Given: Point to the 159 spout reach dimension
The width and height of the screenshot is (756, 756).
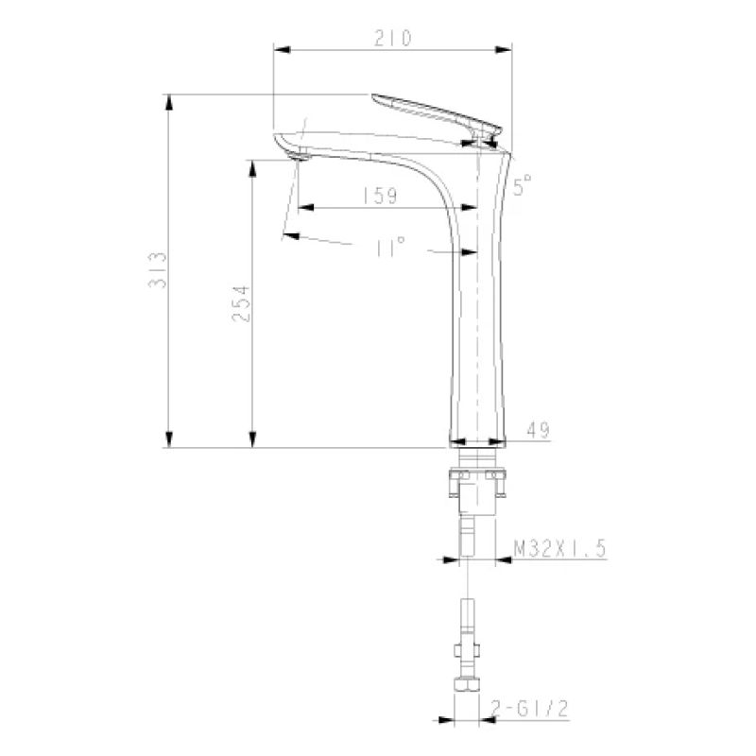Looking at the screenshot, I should tap(378, 196).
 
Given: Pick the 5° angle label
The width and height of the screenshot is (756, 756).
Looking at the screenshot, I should tap(524, 183).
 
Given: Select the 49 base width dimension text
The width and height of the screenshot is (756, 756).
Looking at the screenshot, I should tap(538, 431).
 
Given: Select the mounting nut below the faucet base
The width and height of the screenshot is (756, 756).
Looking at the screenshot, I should tap(478, 485).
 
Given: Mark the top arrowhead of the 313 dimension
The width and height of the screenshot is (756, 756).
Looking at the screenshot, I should tap(169, 100).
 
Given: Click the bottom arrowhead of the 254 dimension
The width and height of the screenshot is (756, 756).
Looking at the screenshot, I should tap(252, 439).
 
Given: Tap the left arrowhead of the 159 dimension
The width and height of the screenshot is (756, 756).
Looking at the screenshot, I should tap(301, 208).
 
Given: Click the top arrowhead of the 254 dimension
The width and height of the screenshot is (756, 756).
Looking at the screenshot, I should tap(252, 166).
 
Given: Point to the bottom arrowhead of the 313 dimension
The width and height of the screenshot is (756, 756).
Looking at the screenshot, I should tap(169, 439).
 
